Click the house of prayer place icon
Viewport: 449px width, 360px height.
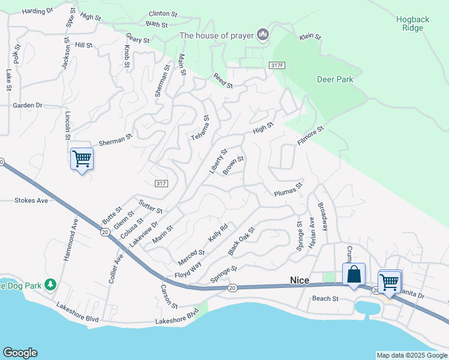tap(262, 35)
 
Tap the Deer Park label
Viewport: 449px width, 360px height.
tap(335, 79)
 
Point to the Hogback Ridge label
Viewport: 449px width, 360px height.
tap(412, 23)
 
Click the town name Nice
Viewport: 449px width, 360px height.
tap(299, 280)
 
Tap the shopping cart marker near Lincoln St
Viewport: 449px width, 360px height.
tap(82, 160)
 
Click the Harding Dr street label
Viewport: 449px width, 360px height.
tap(37, 11)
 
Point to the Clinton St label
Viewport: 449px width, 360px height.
tap(164, 13)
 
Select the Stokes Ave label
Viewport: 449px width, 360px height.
tap(31, 200)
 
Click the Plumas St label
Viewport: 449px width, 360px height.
tap(287, 193)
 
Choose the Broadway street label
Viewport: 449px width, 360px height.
tap(324, 216)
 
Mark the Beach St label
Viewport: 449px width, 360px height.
tap(325, 298)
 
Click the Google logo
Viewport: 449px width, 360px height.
tap(20, 353)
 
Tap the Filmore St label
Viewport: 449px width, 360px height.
tap(310, 136)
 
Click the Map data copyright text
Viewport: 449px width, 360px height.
tap(411, 355)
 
